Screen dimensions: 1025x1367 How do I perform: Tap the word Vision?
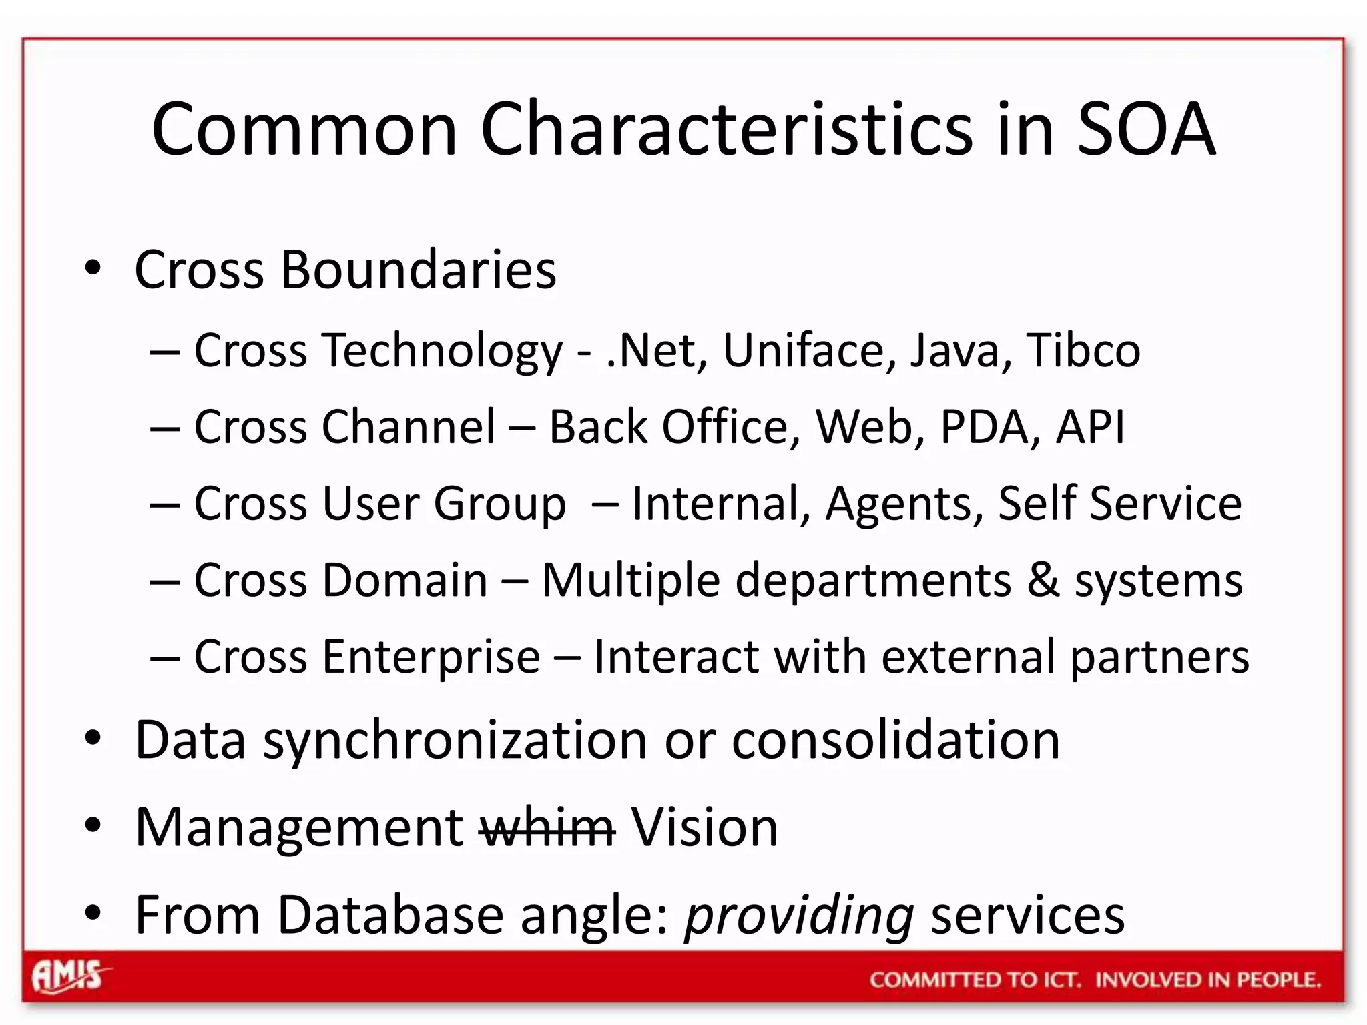pos(704,828)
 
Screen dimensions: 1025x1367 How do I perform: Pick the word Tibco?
pos(1083,350)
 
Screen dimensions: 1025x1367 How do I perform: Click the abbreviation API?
pos(1090,427)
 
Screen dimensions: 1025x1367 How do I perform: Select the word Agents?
pos(904,504)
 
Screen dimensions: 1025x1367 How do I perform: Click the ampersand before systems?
pos(1043,579)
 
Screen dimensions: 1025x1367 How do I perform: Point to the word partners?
pos(1159,657)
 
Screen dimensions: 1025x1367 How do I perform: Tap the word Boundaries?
pos(419,270)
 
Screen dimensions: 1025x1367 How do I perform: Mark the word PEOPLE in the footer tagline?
pos(1278,980)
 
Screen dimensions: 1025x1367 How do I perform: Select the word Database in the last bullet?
pos(390,915)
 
